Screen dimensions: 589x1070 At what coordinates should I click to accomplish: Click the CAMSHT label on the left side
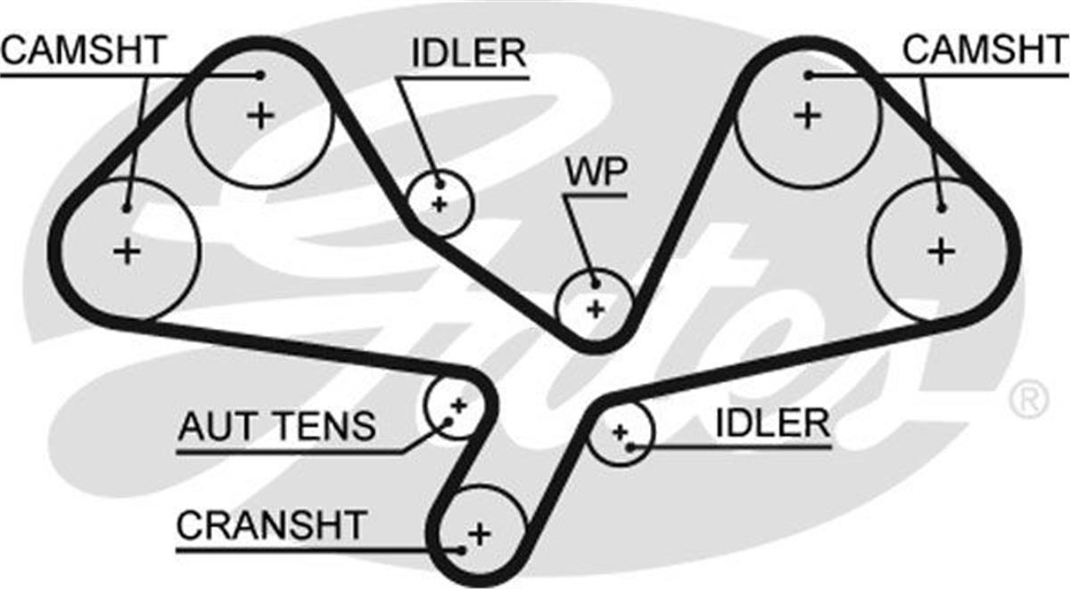pyautogui.click(x=83, y=50)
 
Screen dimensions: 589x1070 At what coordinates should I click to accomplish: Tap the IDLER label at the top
pyautogui.click(x=468, y=54)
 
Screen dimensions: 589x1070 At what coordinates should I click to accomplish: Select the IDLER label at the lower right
pyautogui.click(x=772, y=424)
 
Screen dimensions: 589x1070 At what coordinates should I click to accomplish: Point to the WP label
pyautogui.click(x=596, y=173)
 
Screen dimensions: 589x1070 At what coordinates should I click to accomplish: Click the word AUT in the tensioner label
pyautogui.click(x=210, y=427)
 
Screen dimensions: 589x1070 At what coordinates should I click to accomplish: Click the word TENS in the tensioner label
pyautogui.click(x=324, y=427)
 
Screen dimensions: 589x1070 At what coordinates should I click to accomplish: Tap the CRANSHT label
pyautogui.click(x=271, y=525)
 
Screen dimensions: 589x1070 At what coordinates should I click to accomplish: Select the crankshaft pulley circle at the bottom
pyautogui.click(x=479, y=532)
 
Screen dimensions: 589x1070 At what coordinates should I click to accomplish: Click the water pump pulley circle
pyautogui.click(x=595, y=307)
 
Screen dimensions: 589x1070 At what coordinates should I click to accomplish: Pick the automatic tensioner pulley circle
pyautogui.click(x=456, y=405)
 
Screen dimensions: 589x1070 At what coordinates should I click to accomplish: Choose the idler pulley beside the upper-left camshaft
pyautogui.click(x=438, y=203)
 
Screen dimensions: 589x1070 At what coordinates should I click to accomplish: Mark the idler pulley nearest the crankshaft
pyautogui.click(x=621, y=432)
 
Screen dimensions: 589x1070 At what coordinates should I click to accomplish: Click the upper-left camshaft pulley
pyautogui.click(x=260, y=116)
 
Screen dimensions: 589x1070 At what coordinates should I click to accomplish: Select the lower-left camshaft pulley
pyautogui.click(x=127, y=250)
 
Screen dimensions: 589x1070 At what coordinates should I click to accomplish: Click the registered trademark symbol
pyautogui.click(x=1029, y=400)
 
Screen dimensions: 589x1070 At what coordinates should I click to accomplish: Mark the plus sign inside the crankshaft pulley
pyautogui.click(x=480, y=534)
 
